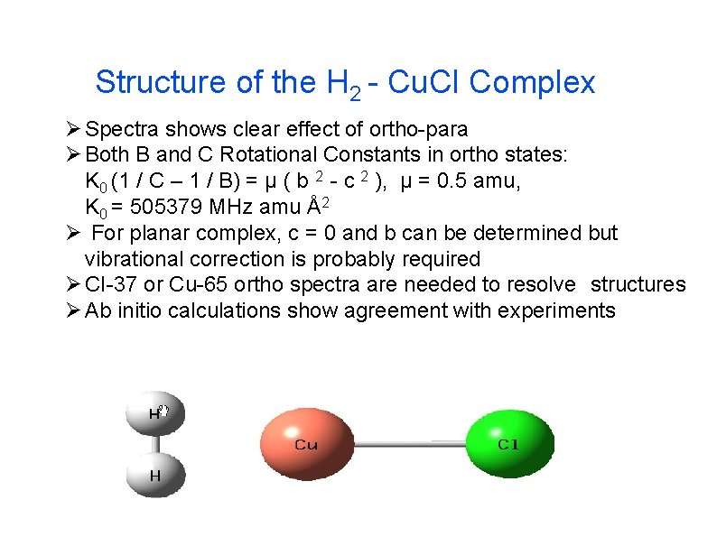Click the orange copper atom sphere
click(x=306, y=442)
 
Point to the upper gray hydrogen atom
click(x=156, y=414)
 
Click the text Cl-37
click(x=110, y=285)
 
